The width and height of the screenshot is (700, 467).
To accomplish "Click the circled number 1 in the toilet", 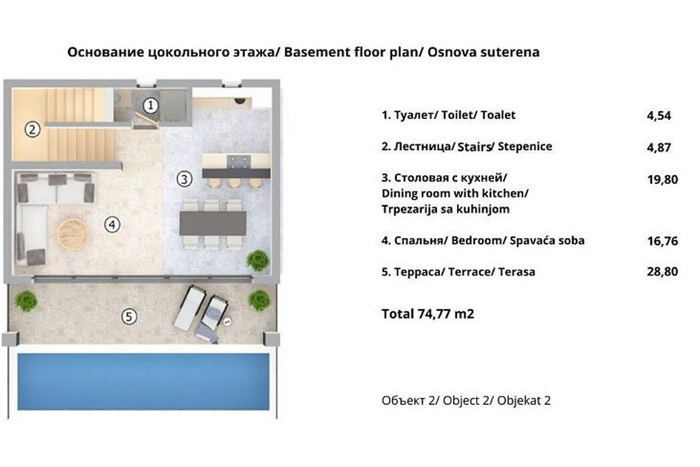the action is coord(151,106).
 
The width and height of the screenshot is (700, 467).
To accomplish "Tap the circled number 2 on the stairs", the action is coord(32,130).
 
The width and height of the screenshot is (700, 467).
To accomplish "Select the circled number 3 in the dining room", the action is coord(185,180).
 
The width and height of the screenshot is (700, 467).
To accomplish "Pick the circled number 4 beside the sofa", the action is coord(112,225).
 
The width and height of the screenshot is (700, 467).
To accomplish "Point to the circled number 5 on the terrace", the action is coord(129,317).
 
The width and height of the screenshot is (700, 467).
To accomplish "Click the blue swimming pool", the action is coord(143,381).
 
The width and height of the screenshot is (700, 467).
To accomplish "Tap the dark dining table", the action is coord(213,223).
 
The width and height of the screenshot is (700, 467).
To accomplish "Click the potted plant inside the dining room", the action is coord(258,261).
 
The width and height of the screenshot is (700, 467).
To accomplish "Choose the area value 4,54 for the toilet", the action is coord(659,116).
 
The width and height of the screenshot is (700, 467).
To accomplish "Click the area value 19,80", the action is coord(662,180).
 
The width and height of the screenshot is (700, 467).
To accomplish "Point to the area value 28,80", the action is coord(662,272).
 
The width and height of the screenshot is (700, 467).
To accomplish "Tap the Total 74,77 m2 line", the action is coord(428,314).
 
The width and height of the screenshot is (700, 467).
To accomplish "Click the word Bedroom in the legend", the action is coord(477,240).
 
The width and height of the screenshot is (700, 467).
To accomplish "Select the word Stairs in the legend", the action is coord(474,146).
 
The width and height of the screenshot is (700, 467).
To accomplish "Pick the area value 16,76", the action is coord(662,242).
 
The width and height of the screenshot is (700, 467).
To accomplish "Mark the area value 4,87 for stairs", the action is coord(659,148).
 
